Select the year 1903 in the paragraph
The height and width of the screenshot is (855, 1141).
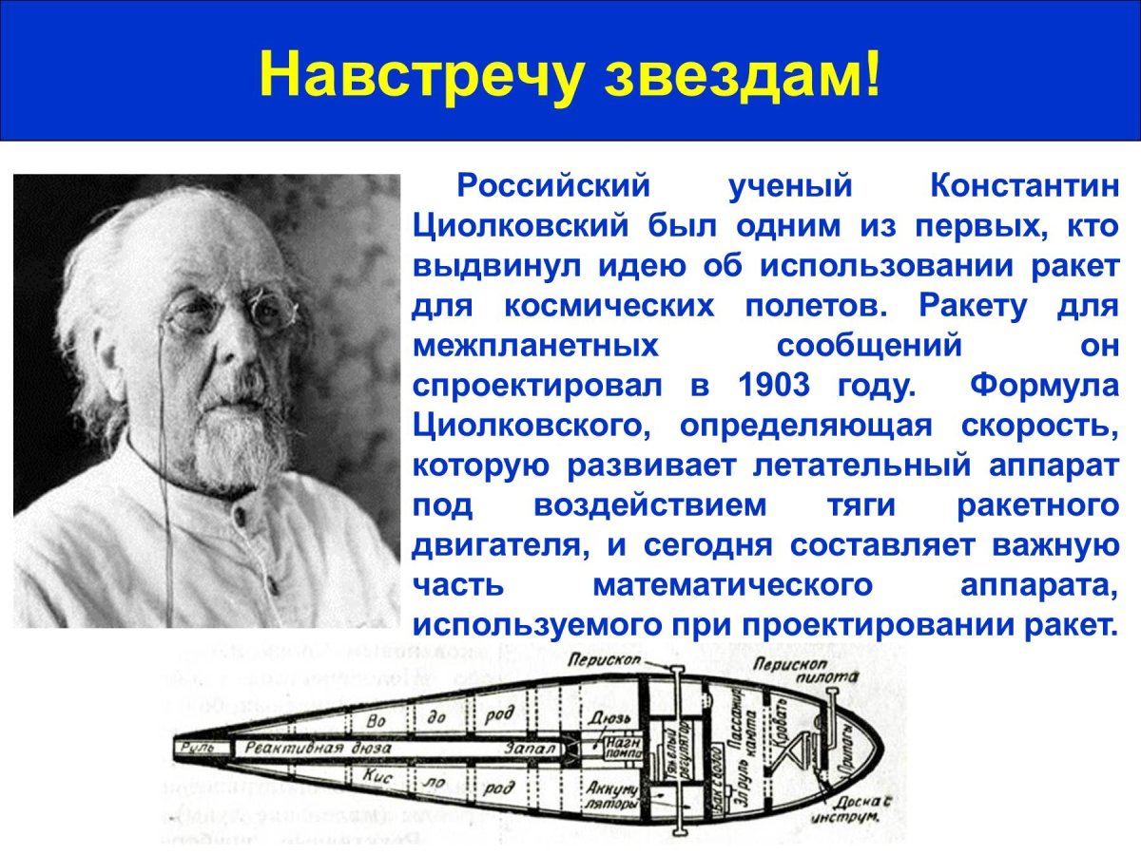(x=773, y=386)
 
